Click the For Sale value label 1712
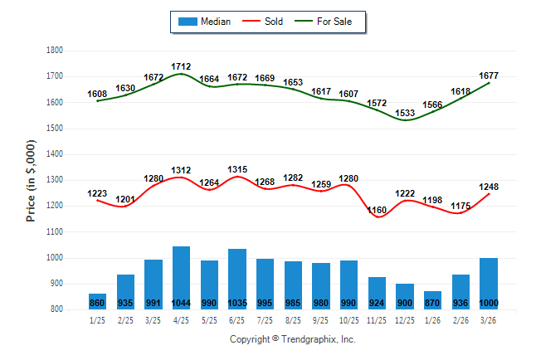(181, 66)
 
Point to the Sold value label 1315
(237, 169)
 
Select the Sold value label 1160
(377, 211)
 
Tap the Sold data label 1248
(489, 187)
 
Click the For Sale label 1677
(489, 75)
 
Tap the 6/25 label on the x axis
(237, 320)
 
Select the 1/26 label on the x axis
(433, 320)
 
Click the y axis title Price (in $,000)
(31, 179)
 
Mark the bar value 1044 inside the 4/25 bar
(181, 303)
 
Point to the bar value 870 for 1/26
(433, 303)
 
